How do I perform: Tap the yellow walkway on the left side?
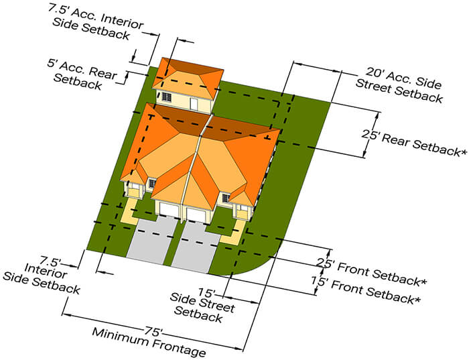[125, 215]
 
